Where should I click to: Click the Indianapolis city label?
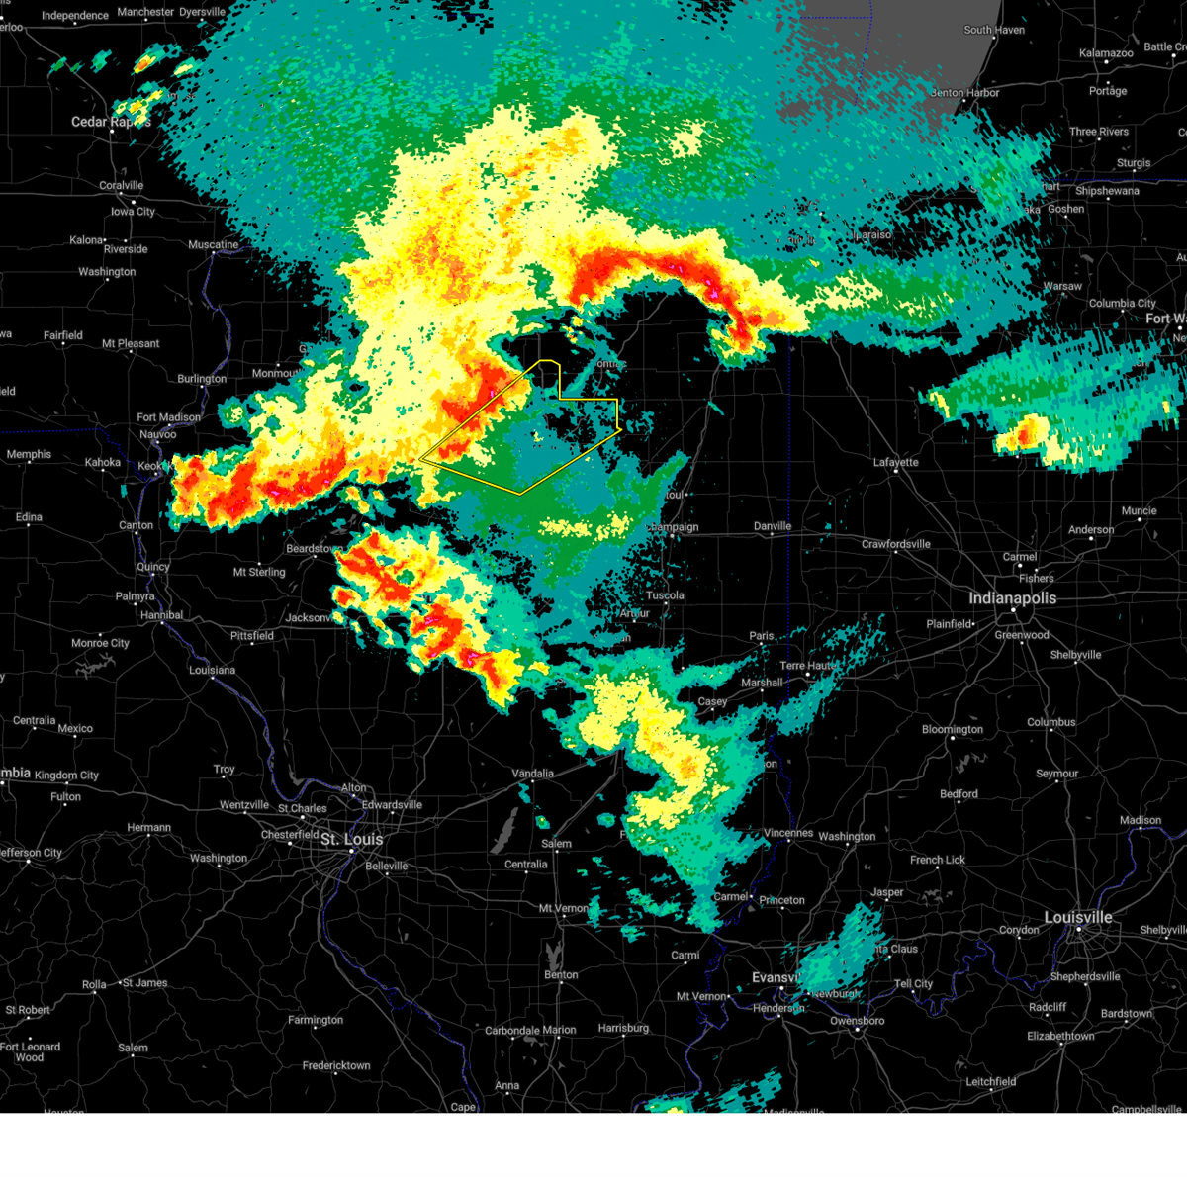(x=1012, y=598)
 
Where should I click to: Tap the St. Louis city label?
(x=351, y=839)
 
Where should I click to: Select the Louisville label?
(x=1078, y=917)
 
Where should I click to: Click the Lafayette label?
(x=896, y=462)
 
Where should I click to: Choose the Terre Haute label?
(x=807, y=666)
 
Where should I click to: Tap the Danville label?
(x=773, y=526)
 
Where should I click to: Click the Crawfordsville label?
(x=896, y=544)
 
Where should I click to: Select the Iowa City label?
(x=133, y=212)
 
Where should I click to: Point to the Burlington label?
(x=202, y=379)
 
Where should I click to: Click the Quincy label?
(x=153, y=567)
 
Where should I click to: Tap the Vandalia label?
(x=533, y=774)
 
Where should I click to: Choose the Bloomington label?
(x=953, y=730)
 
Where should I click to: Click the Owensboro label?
(x=858, y=1021)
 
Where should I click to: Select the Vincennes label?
(x=788, y=833)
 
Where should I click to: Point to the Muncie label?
(x=1139, y=511)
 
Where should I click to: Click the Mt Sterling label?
(x=259, y=572)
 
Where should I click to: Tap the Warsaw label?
(x=1062, y=286)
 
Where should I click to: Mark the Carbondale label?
(x=510, y=1030)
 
